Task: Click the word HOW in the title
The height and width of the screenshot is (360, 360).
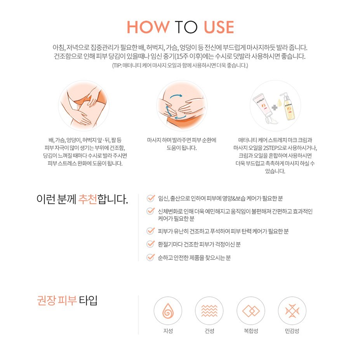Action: (x=148, y=27)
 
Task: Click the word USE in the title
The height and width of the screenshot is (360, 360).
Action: (x=219, y=27)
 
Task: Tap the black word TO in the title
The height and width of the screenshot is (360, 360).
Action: (x=186, y=27)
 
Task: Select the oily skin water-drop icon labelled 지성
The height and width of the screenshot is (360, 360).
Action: (x=168, y=311)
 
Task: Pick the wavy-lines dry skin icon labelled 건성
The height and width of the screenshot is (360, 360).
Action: (x=209, y=311)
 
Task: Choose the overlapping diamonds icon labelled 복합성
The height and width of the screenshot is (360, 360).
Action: (x=251, y=311)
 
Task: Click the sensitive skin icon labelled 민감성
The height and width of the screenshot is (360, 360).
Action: (x=292, y=311)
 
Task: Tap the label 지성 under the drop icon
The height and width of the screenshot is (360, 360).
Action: (x=168, y=331)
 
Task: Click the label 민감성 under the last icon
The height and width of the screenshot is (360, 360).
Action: (x=292, y=331)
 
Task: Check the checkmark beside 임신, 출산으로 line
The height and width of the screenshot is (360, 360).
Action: (x=151, y=198)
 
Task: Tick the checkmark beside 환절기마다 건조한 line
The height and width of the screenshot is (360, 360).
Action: (x=151, y=244)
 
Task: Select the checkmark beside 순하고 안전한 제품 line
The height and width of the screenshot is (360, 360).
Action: (x=151, y=257)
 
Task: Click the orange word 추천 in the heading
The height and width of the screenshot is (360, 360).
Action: (x=87, y=199)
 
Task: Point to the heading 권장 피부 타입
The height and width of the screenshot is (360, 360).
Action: (x=67, y=300)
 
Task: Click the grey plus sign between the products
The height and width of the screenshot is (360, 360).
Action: (x=274, y=107)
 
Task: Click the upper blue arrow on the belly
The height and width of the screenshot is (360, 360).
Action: (x=176, y=96)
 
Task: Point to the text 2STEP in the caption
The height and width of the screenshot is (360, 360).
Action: (x=271, y=148)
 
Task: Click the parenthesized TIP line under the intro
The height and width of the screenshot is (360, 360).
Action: (x=180, y=65)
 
